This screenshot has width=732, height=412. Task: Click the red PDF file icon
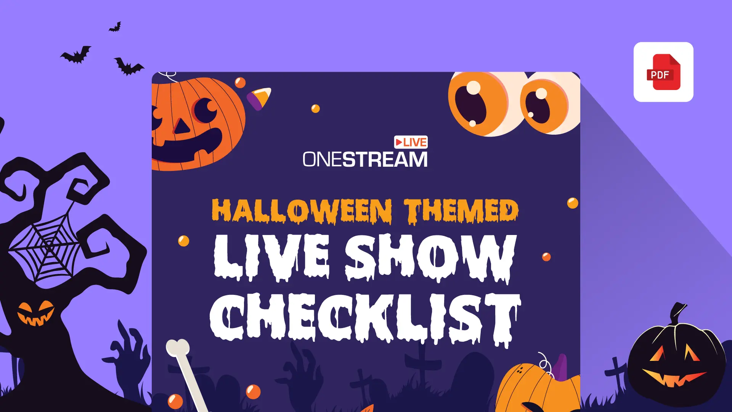(663, 72)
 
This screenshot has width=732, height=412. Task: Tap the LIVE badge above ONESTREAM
(411, 142)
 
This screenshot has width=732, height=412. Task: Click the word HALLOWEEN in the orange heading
(302, 211)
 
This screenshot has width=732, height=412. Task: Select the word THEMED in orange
(461, 211)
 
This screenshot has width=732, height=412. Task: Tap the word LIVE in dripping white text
(271, 257)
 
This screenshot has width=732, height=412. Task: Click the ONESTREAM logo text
(365, 159)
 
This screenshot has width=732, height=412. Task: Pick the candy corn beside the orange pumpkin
(259, 98)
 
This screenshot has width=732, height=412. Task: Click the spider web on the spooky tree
(46, 248)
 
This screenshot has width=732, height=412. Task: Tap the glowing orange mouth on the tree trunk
(36, 314)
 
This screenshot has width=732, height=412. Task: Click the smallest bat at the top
(116, 27)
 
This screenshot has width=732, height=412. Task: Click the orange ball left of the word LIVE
(183, 241)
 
